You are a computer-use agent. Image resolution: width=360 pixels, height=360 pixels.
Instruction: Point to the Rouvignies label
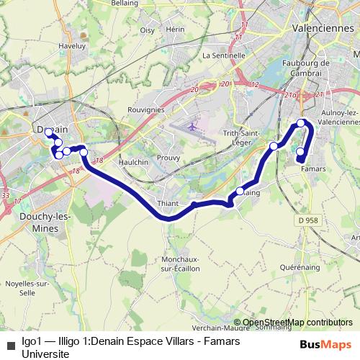145,109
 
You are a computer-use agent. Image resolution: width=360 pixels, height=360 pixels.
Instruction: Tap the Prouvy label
168,158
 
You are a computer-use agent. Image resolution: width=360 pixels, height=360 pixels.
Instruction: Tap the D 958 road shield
307,220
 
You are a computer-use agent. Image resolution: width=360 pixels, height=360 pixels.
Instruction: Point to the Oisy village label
148,30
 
